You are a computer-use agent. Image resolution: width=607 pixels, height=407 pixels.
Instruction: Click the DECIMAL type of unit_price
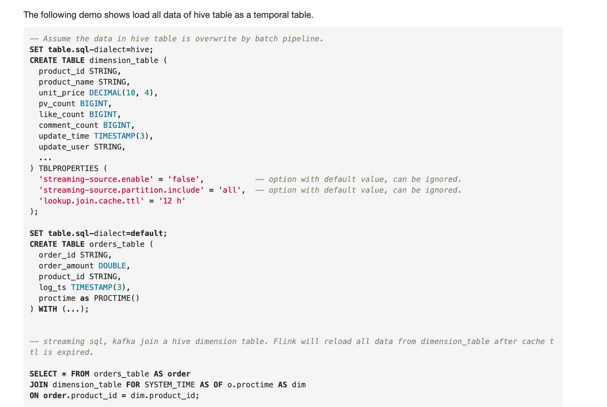[105, 93]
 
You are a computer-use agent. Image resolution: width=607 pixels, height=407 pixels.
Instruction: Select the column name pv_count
[57, 104]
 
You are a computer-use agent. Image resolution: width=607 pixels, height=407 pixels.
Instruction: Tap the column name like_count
[61, 114]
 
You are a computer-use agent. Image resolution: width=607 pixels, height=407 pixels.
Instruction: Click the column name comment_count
[68, 125]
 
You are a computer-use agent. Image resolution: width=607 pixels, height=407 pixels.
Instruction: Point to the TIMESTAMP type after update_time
[114, 136]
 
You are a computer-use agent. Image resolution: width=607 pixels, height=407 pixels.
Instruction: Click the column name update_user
[64, 147]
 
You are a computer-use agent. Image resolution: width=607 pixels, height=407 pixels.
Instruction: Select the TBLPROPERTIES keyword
[68, 169]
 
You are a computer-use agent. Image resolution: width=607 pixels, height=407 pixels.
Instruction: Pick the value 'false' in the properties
[183, 179]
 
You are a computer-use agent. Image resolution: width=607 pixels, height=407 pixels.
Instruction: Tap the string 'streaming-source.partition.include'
[121, 190]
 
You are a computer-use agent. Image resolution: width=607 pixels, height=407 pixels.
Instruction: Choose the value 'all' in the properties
[229, 190]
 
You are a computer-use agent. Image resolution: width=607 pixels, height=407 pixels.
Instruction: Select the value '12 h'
[172, 201]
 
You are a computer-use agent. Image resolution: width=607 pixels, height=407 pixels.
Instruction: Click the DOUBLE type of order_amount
[112, 266]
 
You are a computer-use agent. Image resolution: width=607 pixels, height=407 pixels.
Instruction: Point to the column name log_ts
[52, 287]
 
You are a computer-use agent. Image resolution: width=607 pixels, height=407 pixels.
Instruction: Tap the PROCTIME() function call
[117, 298]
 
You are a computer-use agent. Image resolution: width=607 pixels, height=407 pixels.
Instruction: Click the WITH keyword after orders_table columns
[48, 309]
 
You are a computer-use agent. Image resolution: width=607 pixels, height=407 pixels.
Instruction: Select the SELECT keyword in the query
[43, 374]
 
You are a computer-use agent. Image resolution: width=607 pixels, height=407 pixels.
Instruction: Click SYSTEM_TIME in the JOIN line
[170, 385]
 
